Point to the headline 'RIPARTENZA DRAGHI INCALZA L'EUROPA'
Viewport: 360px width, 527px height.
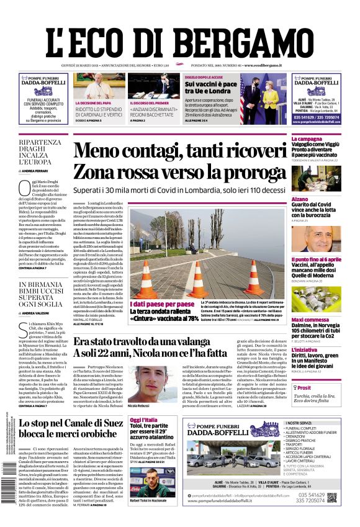43,153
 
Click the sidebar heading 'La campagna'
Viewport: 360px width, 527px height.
307,139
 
